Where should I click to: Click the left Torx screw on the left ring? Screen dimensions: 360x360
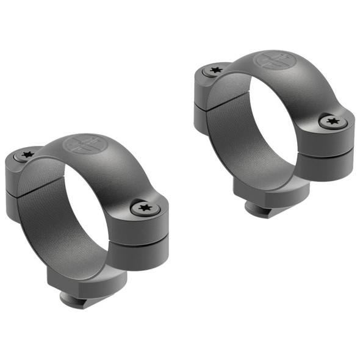click(x=26, y=155)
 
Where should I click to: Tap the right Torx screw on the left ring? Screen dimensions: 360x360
click(x=146, y=209)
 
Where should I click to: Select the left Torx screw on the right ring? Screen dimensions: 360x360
click(x=214, y=70)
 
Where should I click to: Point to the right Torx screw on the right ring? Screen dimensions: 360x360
click(x=333, y=121)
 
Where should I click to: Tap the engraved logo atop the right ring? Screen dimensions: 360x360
click(x=272, y=60)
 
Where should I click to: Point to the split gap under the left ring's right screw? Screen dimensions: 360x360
click(x=140, y=243)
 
